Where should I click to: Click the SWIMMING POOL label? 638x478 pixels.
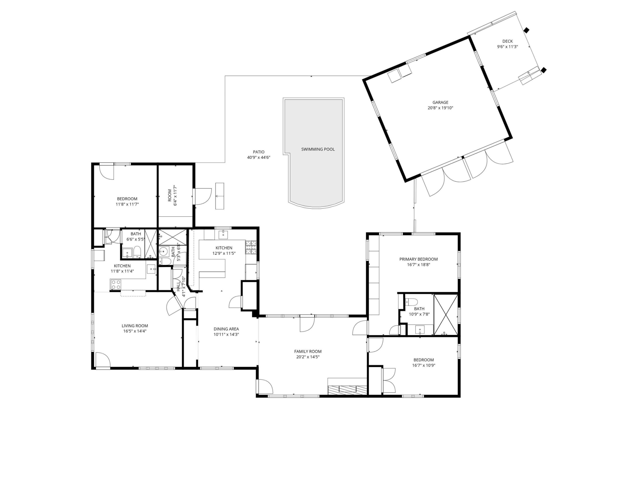coord(318,149)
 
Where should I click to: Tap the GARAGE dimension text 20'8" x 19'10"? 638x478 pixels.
coord(440,108)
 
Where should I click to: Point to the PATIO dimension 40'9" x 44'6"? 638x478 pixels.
coord(259,158)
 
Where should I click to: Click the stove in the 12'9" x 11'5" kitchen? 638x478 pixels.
coord(251,247)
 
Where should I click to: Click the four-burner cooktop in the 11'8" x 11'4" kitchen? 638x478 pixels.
coord(116,285)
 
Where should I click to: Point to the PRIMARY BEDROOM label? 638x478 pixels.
coord(418,259)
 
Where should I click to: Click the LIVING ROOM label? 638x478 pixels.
coord(135,326)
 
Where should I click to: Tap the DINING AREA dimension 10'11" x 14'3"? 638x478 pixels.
coord(226,335)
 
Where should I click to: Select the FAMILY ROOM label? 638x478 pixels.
coord(307,351)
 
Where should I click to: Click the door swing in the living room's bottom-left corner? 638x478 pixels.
coord(103,360)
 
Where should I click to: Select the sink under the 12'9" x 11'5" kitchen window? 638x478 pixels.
coord(223,235)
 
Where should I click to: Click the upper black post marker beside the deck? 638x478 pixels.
coord(526,30)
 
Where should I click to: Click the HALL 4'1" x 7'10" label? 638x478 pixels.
coord(181,286)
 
